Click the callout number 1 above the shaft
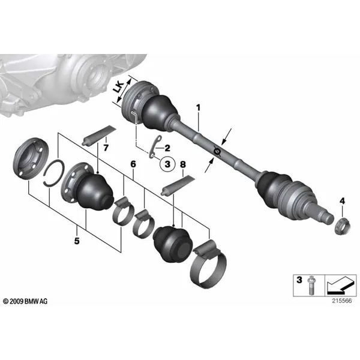coord(198,107)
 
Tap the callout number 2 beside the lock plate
coord(167,148)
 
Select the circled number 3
coord(167,164)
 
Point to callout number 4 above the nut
coord(342,201)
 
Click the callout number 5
coord(77,241)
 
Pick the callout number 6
coord(133,164)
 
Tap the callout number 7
coord(106,148)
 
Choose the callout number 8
coord(183,164)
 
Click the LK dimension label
coord(119,87)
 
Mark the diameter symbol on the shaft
coord(217,151)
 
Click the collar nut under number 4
coord(343,227)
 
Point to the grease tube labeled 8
coord(178,186)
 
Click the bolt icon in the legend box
coord(311,285)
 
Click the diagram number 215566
coord(341,301)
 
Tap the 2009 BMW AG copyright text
coord(25,301)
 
